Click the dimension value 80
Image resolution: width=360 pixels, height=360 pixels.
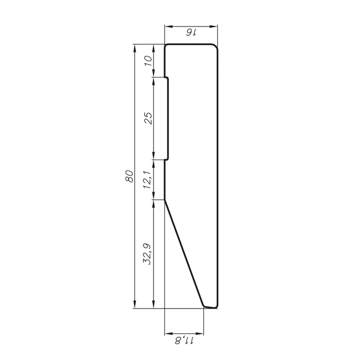click(x=130, y=176)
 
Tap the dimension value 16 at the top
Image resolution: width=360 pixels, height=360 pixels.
click(x=191, y=33)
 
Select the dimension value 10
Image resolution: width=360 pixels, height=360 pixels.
click(x=148, y=60)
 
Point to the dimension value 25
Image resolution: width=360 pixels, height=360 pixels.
click(x=148, y=118)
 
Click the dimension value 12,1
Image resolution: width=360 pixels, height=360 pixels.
click(x=147, y=180)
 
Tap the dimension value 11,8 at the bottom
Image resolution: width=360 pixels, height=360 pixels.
click(x=184, y=340)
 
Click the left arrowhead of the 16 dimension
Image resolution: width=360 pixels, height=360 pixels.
click(x=168, y=27)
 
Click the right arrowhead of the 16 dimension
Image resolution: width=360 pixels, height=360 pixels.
click(x=214, y=27)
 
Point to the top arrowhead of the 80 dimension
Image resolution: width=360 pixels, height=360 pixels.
click(x=135, y=48)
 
